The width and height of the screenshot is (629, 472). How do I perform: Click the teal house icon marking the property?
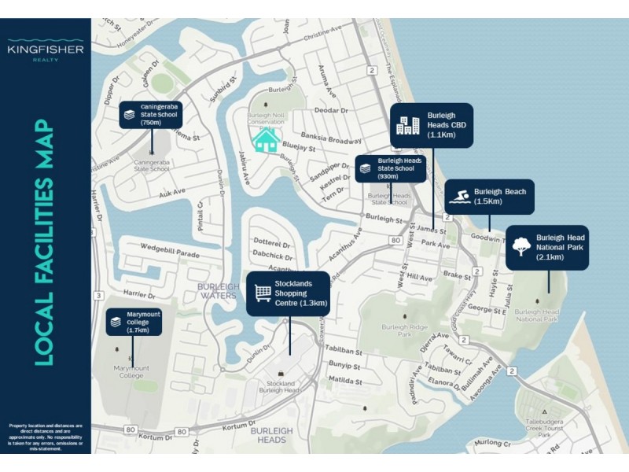tap(265, 142)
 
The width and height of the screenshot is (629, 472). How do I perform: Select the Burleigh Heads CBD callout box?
tap(432, 124)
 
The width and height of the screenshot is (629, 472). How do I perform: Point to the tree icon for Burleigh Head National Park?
tap(520, 247)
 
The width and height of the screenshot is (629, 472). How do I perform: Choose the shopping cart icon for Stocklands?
tap(263, 293)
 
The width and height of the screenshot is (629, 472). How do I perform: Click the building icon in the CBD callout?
tap(407, 124)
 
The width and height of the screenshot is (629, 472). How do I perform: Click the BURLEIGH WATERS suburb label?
tap(217, 291)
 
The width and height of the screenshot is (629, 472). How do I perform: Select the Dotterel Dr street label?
tap(270, 243)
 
